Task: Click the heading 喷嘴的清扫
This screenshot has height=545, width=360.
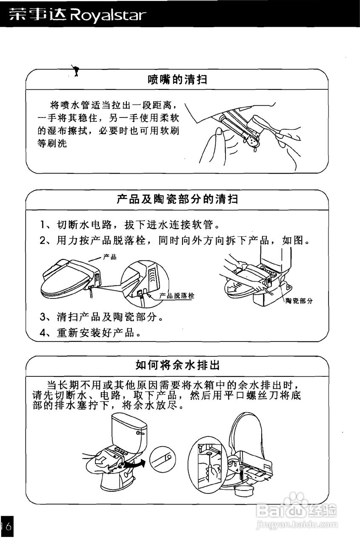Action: (x=177, y=79)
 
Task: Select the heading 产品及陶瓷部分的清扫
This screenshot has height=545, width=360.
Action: (x=177, y=199)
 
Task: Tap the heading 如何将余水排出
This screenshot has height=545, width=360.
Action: (x=177, y=365)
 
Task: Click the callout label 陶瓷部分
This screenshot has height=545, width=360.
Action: (x=299, y=301)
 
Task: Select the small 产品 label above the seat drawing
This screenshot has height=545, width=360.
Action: (x=109, y=257)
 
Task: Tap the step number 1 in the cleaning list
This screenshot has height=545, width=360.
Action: (x=43, y=224)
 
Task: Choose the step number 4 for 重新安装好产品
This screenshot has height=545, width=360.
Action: (x=43, y=333)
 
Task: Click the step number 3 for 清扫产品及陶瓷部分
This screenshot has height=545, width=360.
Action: (x=43, y=317)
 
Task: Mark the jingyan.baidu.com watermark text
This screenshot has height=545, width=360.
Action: (x=297, y=526)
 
